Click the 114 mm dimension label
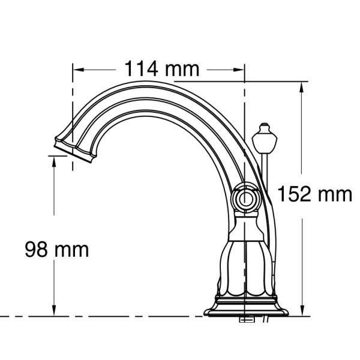coord(162,69)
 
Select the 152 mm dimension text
coord(315,194)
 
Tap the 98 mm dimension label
coord(57,250)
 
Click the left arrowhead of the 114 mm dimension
coord(79,70)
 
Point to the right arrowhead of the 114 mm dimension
coord(238,70)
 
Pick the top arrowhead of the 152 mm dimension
coord(302,88)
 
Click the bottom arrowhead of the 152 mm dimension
coord(302,310)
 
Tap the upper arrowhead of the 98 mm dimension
coord(54,161)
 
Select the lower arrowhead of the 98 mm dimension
coord(54,310)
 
